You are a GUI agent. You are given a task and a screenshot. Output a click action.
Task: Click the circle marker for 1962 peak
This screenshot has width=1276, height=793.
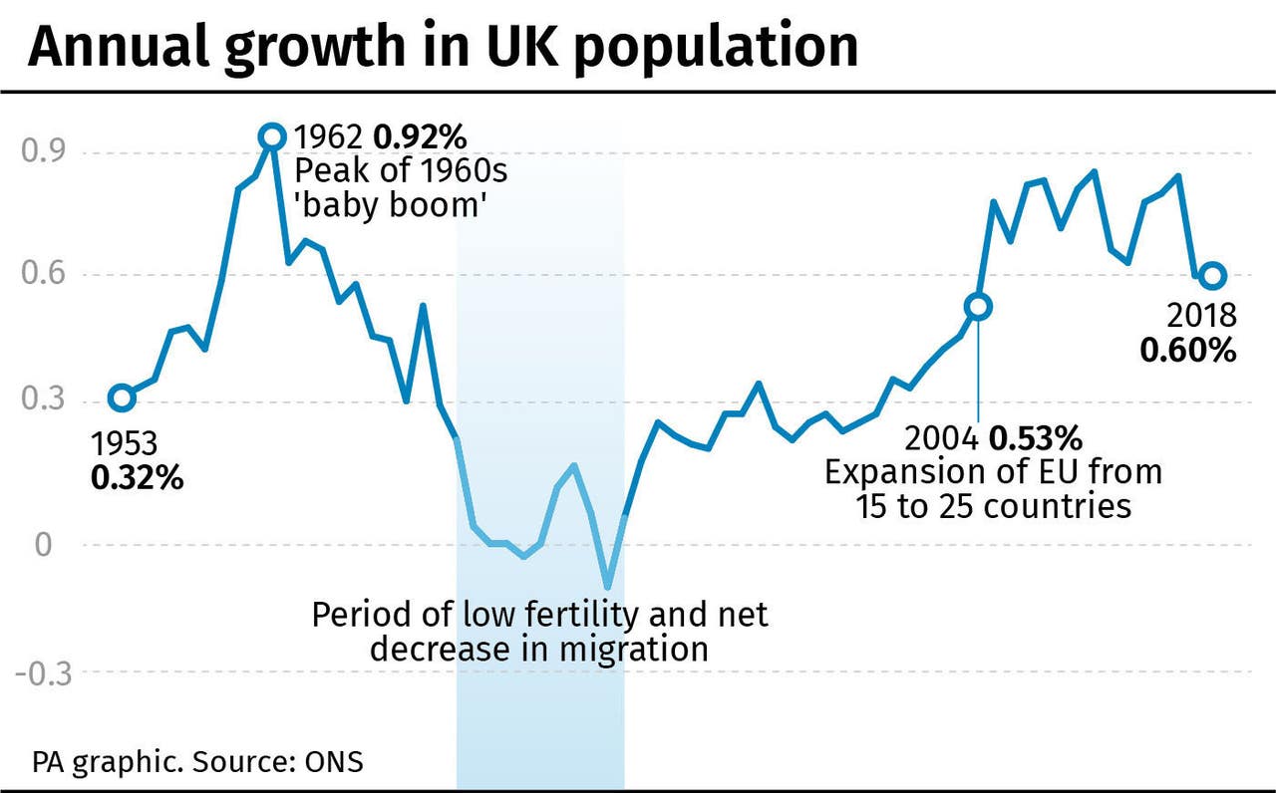pos(271,136)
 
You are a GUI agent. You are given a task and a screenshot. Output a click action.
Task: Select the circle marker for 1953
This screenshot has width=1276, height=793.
pos(122,398)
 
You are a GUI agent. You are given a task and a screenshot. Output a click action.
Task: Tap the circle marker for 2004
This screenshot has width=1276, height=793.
pos(978,307)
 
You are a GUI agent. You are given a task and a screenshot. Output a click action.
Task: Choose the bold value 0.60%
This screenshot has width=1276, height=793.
pos(1189,351)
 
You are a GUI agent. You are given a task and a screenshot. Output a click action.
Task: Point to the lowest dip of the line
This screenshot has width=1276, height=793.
pos(608,587)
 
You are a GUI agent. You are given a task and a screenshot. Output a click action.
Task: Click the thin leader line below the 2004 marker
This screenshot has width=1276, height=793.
pos(978,369)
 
